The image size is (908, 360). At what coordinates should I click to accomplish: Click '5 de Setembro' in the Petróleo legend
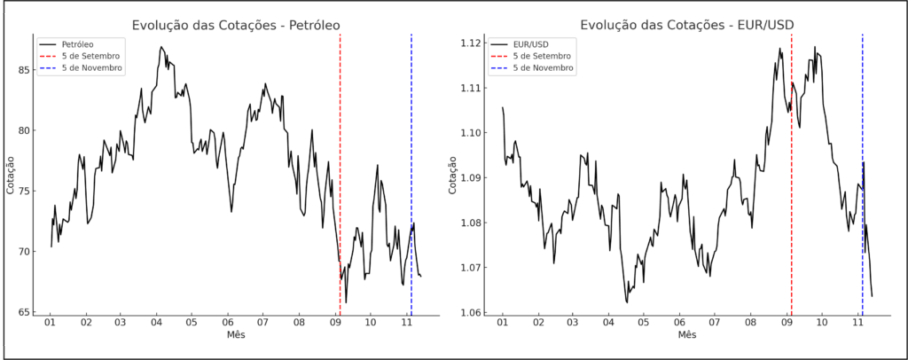(90, 55)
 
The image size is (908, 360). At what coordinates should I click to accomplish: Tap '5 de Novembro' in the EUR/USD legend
(542, 67)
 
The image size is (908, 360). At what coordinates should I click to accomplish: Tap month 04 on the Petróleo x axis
(156, 324)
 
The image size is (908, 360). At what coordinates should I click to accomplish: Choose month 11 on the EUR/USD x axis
(857, 324)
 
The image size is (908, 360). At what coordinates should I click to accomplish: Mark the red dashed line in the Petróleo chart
(340, 177)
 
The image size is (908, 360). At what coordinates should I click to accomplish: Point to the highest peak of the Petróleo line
(160, 47)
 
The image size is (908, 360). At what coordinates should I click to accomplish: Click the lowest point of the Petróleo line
(346, 302)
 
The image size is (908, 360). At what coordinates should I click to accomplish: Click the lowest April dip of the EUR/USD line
(627, 302)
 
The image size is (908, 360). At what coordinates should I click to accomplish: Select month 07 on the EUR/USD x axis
(715, 324)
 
